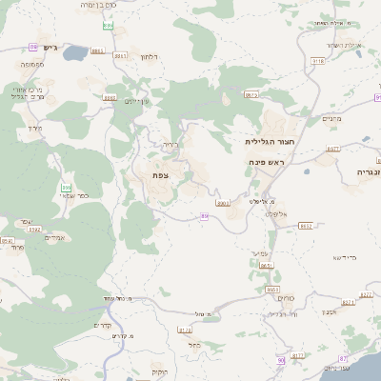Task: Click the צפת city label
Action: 159,176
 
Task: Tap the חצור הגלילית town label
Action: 268,141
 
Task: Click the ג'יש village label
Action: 50,48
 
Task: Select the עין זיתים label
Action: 138,101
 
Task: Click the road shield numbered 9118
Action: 318,61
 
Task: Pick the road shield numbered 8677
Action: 333,150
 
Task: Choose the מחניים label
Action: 331,118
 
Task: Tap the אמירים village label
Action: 54,237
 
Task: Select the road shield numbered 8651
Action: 268,266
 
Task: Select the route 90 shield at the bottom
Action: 281,361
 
